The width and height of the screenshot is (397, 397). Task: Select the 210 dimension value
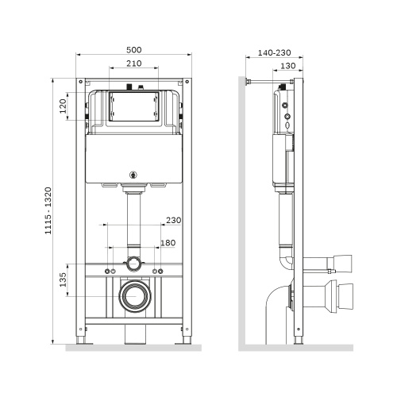[133, 63]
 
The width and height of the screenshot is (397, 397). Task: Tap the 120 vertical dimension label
[63, 106]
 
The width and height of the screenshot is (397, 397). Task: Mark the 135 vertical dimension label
[63, 282]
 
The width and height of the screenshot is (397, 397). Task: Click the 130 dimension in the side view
[288, 66]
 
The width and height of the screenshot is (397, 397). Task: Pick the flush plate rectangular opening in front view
[133, 108]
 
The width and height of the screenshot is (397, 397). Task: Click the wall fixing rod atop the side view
[270, 81]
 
